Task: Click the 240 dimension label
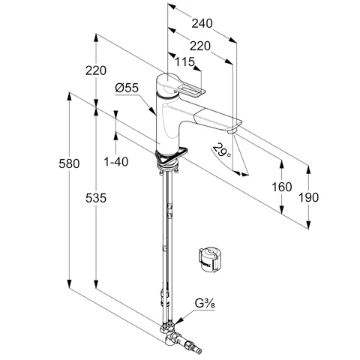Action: pyautogui.click(x=202, y=23)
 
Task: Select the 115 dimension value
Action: pyautogui.click(x=184, y=61)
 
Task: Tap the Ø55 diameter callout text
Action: pyautogui.click(x=127, y=88)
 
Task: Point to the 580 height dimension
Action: pyautogui.click(x=69, y=163)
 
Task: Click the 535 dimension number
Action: pyautogui.click(x=96, y=198)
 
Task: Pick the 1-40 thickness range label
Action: pyautogui.click(x=116, y=162)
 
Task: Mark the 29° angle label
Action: pyautogui.click(x=222, y=150)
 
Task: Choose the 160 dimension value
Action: pyautogui.click(x=282, y=187)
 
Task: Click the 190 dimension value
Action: pyautogui.click(x=309, y=197)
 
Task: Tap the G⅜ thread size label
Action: pyautogui.click(x=205, y=304)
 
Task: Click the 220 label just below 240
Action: pyautogui.click(x=200, y=46)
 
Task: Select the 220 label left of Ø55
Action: pyautogui.click(x=96, y=70)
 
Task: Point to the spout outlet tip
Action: pyautogui.click(x=232, y=131)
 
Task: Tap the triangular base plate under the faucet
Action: pyautogui.click(x=171, y=155)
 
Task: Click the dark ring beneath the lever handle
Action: pyautogui.click(x=167, y=97)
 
